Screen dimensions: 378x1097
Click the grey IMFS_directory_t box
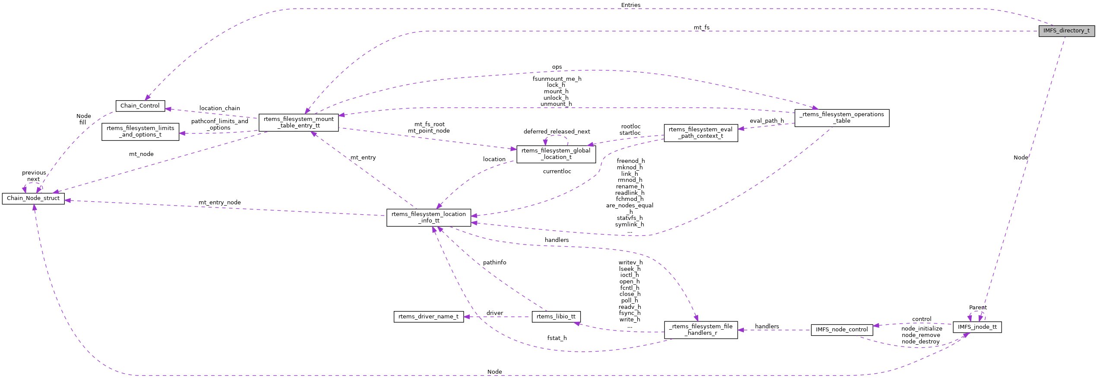pyautogui.click(x=1066, y=31)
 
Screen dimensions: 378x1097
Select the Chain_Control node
pyautogui.click(x=140, y=106)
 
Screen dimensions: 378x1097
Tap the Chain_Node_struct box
pyautogui.click(x=33, y=198)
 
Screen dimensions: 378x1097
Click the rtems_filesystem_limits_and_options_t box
pyautogui.click(x=140, y=131)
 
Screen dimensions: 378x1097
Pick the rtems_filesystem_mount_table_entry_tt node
pyautogui.click(x=298, y=122)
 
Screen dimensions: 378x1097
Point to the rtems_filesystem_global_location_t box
pyautogui.click(x=556, y=154)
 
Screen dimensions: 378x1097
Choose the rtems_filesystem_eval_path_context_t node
pyautogui.click(x=700, y=133)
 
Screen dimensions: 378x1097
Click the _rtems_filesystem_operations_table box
pyautogui.click(x=841, y=118)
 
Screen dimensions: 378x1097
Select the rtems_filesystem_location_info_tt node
pyautogui.click(x=428, y=217)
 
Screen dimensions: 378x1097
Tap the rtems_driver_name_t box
pyautogui.click(x=428, y=317)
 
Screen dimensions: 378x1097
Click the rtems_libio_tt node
pyautogui.click(x=556, y=317)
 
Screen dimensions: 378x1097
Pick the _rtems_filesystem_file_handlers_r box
pyautogui.click(x=700, y=330)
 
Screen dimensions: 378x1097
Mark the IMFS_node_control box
pyautogui.click(x=841, y=330)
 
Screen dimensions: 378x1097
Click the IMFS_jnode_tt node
pyautogui.click(x=977, y=327)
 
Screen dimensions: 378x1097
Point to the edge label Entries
pyautogui.click(x=630, y=5)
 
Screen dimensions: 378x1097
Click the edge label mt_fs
pyautogui.click(x=701, y=28)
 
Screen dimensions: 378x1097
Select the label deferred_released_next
pyautogui.click(x=556, y=132)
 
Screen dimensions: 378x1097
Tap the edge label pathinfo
pyautogui.click(x=494, y=263)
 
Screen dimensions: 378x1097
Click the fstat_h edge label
pyautogui.click(x=556, y=338)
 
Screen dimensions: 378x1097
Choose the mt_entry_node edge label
pyautogui.click(x=219, y=203)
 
